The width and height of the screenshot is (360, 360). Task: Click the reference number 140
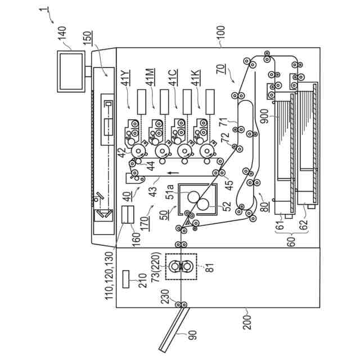62,34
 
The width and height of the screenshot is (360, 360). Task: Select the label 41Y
126,78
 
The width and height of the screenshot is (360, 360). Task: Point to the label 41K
196,78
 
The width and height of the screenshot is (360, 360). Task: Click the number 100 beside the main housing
221,34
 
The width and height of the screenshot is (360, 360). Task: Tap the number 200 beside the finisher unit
247,322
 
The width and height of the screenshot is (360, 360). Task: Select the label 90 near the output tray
192,335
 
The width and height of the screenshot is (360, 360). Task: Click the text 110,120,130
109,276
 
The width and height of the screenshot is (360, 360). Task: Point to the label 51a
170,192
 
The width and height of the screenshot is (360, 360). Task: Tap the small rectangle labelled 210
126,279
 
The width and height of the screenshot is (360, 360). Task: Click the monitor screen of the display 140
71,71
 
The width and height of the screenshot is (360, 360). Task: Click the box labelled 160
128,214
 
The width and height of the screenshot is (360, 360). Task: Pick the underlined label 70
221,69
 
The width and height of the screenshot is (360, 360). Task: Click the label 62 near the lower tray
303,225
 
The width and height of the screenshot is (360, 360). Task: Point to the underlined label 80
265,206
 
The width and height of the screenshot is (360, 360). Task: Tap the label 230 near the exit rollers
166,297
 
